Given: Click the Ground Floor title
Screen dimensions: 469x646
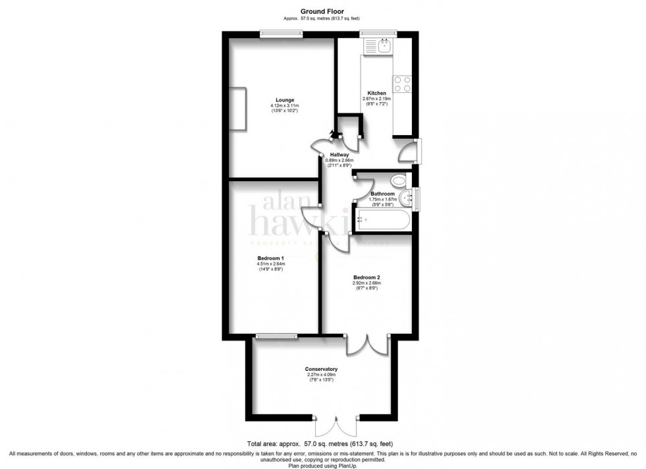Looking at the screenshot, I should (x=323, y=11).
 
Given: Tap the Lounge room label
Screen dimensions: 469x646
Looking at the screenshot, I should (x=285, y=100).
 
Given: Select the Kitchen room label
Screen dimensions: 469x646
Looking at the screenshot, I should (x=376, y=94).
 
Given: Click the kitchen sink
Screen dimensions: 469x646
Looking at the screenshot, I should (x=380, y=46).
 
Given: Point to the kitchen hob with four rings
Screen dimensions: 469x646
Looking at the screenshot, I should (x=402, y=84).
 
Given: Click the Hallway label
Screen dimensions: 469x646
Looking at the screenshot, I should (x=339, y=155).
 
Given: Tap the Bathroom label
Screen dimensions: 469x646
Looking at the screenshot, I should (x=381, y=194).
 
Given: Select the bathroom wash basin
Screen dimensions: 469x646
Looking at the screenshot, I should (x=406, y=196).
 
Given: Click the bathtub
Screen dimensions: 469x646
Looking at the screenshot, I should (x=382, y=221).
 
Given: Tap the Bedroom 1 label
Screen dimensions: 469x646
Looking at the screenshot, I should (x=270, y=258).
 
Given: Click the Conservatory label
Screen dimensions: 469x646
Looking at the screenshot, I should (x=321, y=369).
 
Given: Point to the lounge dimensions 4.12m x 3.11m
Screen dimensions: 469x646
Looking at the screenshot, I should (x=285, y=106).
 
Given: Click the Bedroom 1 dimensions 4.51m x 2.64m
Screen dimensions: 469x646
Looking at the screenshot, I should (x=270, y=264).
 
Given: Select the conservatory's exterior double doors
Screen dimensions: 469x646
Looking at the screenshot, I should (x=336, y=426).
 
